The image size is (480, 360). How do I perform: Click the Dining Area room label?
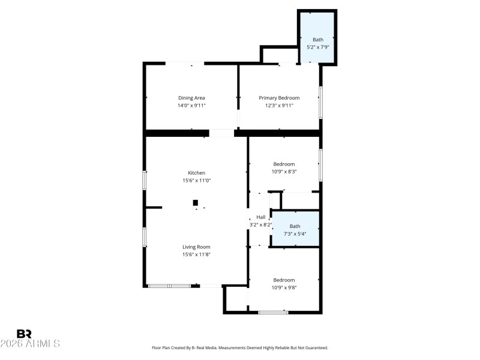pos(191,98)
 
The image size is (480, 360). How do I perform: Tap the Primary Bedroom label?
pos(279,98)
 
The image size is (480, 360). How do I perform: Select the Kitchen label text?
pos(196,173)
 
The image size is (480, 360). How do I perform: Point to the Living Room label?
pos(196,247)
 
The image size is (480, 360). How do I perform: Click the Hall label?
pos(261,217)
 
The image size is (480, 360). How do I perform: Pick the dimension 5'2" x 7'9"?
pos(317,47)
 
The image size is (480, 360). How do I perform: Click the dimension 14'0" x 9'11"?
pos(191,106)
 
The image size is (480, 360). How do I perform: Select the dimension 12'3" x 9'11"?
pos(279,106)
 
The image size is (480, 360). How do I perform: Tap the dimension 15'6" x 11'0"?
pos(196,181)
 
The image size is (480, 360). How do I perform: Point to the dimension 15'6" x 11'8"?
pos(196,254)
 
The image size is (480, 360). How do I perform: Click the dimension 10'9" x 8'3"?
pos(284,172)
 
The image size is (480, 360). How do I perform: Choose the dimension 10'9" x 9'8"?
pos(284,287)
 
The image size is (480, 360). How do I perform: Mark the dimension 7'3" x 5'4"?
pos(295,233)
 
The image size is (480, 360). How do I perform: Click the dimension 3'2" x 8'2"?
pos(261,225)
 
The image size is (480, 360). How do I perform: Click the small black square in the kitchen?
pos(196,203)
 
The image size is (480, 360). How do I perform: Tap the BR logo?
pos(25,333)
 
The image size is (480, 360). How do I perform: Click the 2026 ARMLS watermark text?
pos(30,344)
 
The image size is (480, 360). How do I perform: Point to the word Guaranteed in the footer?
pos(316,348)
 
